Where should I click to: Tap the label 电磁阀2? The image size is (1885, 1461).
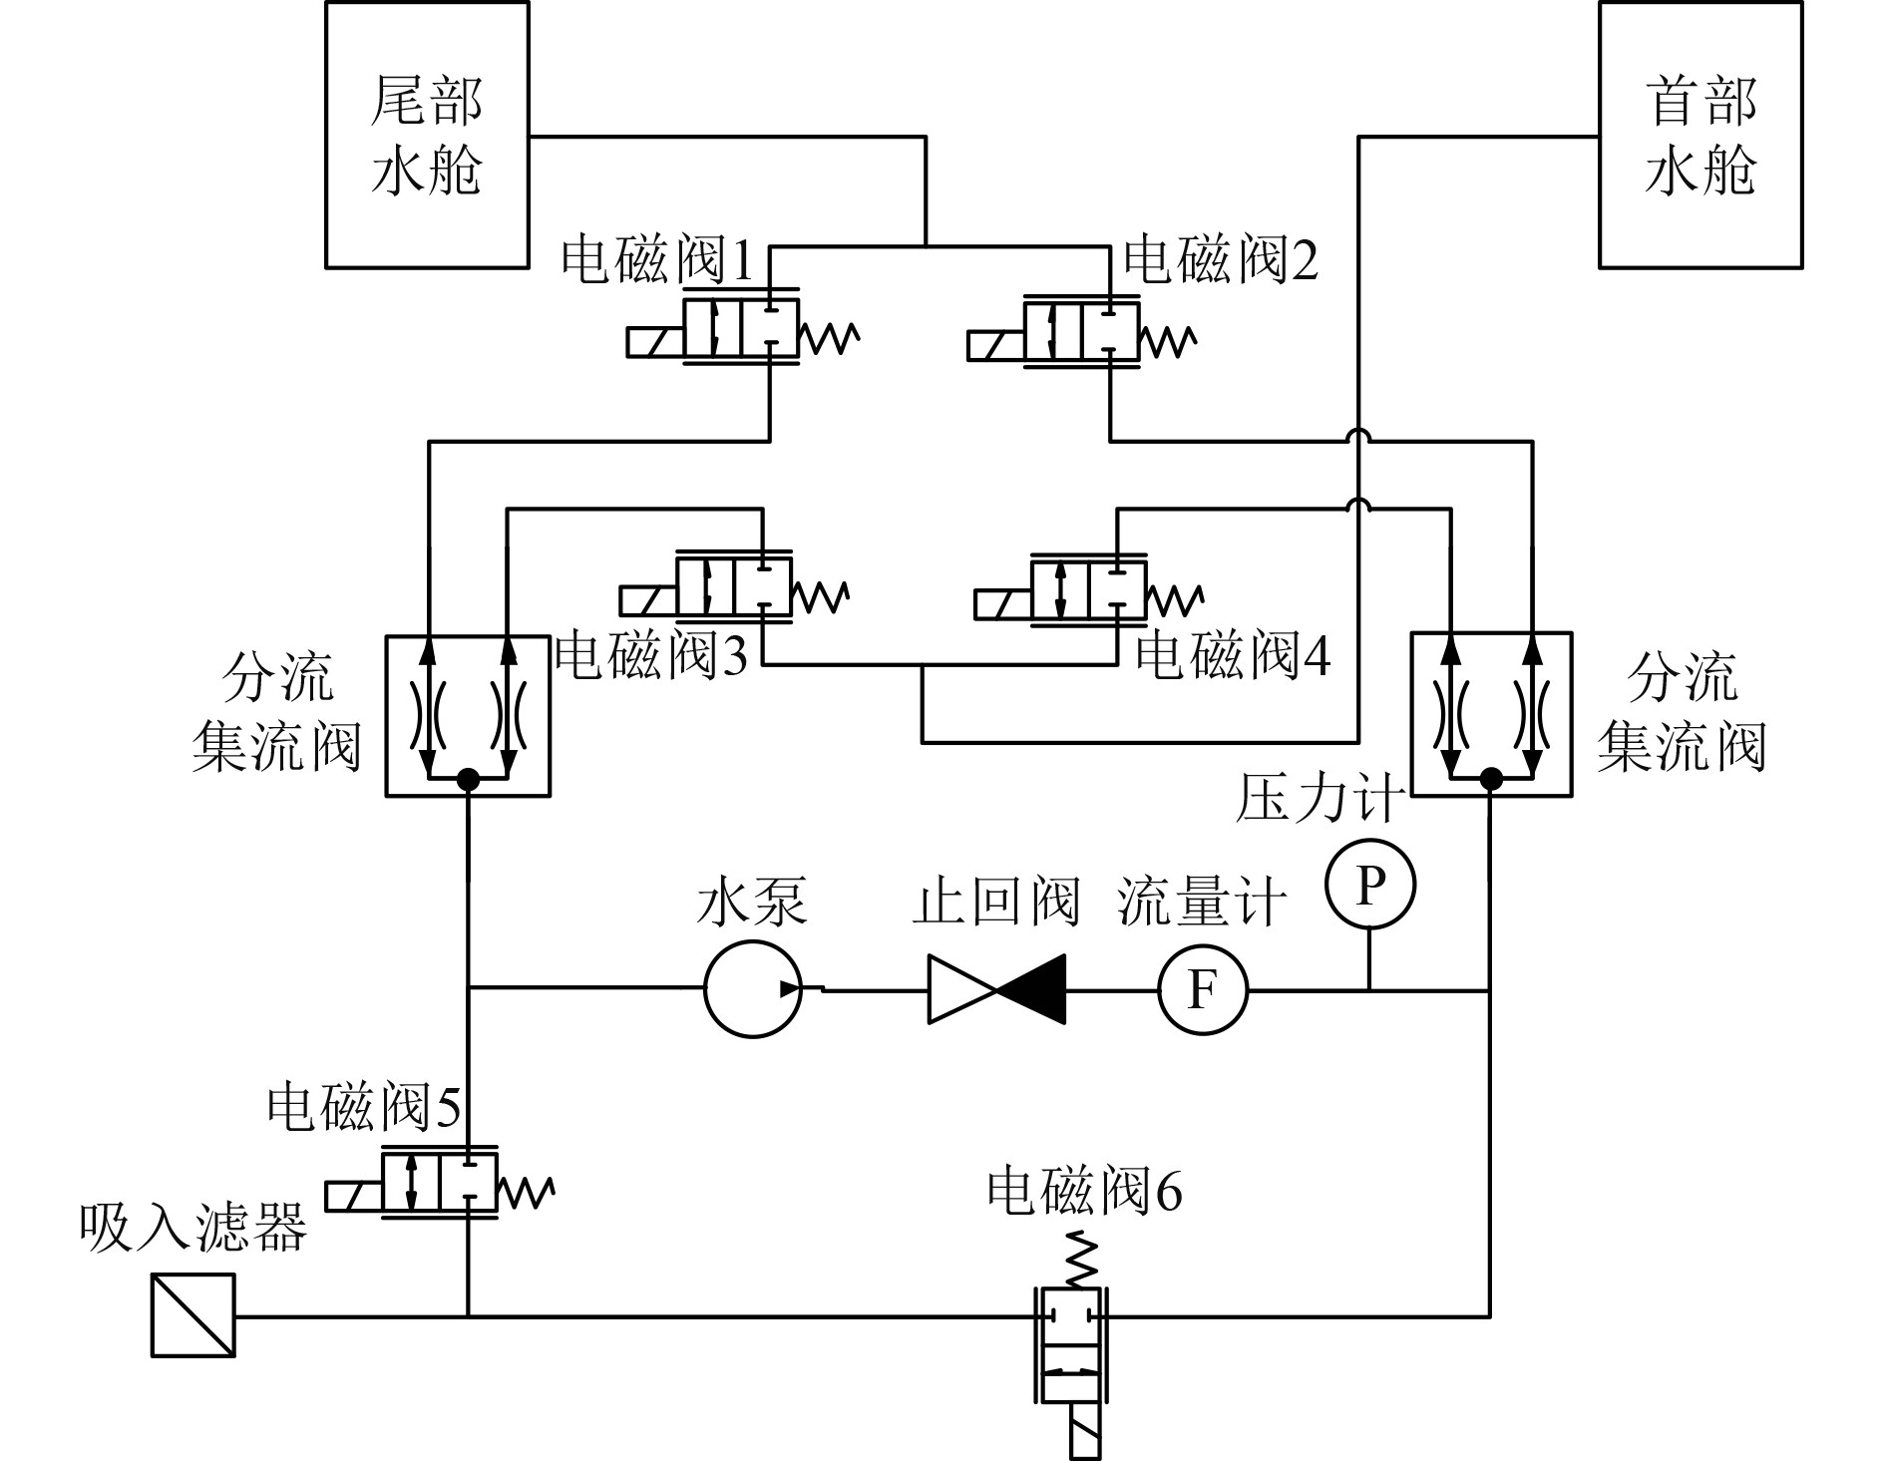(x=1221, y=261)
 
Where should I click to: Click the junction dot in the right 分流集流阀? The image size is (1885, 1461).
(x=1491, y=777)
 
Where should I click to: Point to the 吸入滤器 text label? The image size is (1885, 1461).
(x=193, y=1227)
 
